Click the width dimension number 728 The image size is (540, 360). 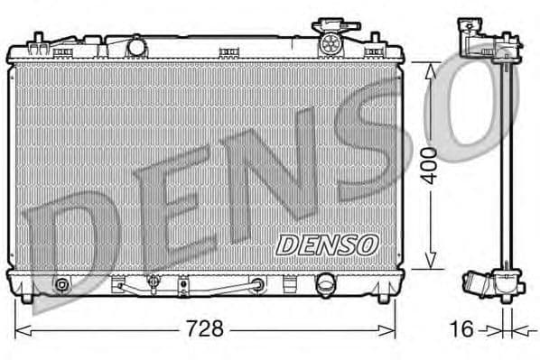click(205, 328)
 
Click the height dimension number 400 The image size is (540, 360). click(431, 164)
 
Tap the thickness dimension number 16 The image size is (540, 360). click(461, 329)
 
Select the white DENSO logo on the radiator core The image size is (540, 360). click(327, 244)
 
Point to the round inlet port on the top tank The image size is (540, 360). click(136, 45)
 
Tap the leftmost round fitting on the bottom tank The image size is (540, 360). click(61, 286)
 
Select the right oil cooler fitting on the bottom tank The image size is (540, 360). click(258, 285)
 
